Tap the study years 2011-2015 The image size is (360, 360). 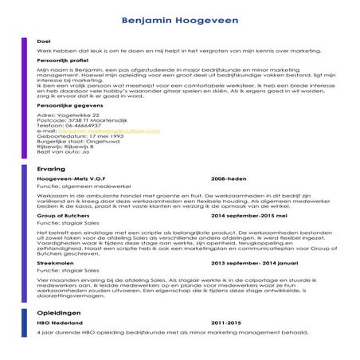click(x=225, y=324)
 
